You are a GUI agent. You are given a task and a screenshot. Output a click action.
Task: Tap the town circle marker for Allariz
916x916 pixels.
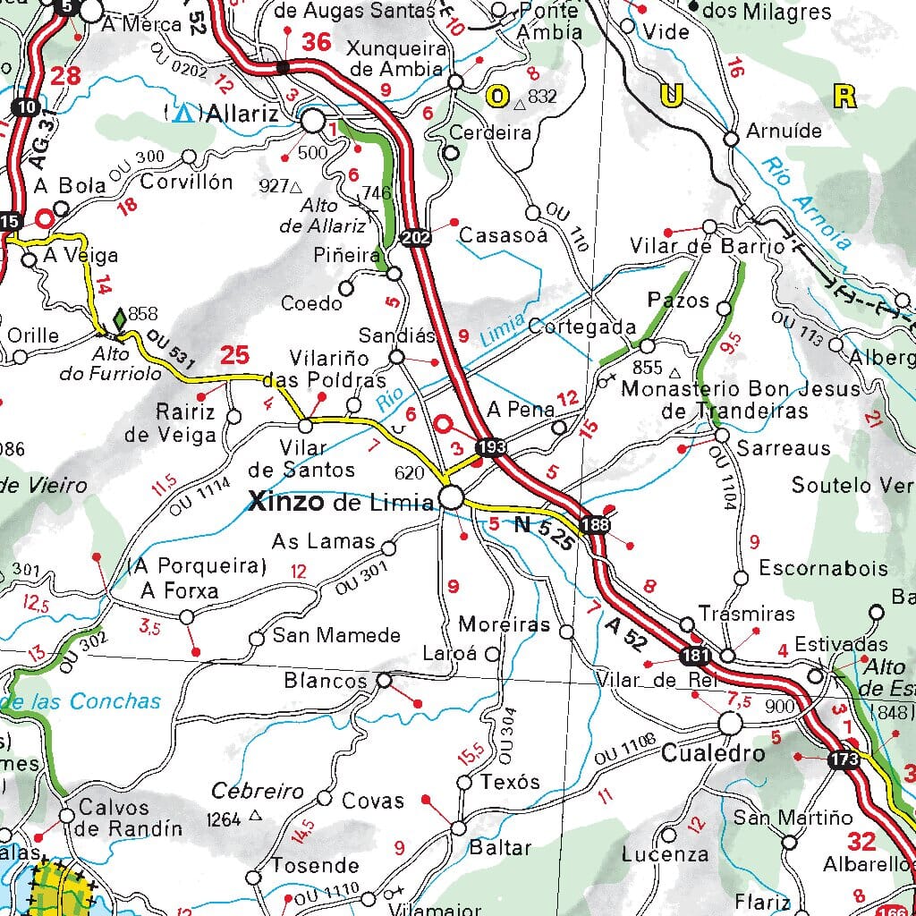click(x=313, y=120)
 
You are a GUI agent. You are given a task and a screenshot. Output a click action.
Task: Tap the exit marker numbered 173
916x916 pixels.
click(x=844, y=760)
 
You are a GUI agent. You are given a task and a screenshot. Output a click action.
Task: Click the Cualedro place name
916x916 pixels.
click(x=713, y=754)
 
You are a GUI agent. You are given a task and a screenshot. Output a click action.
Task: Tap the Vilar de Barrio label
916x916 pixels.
click(x=707, y=246)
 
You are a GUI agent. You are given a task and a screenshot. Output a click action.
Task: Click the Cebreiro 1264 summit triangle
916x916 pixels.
click(x=256, y=815)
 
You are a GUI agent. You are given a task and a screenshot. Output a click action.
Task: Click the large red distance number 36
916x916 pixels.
click(x=316, y=42)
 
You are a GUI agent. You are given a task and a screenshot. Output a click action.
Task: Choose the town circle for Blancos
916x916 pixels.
click(x=383, y=681)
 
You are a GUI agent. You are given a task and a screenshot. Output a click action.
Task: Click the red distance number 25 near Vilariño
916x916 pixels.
click(x=234, y=355)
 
